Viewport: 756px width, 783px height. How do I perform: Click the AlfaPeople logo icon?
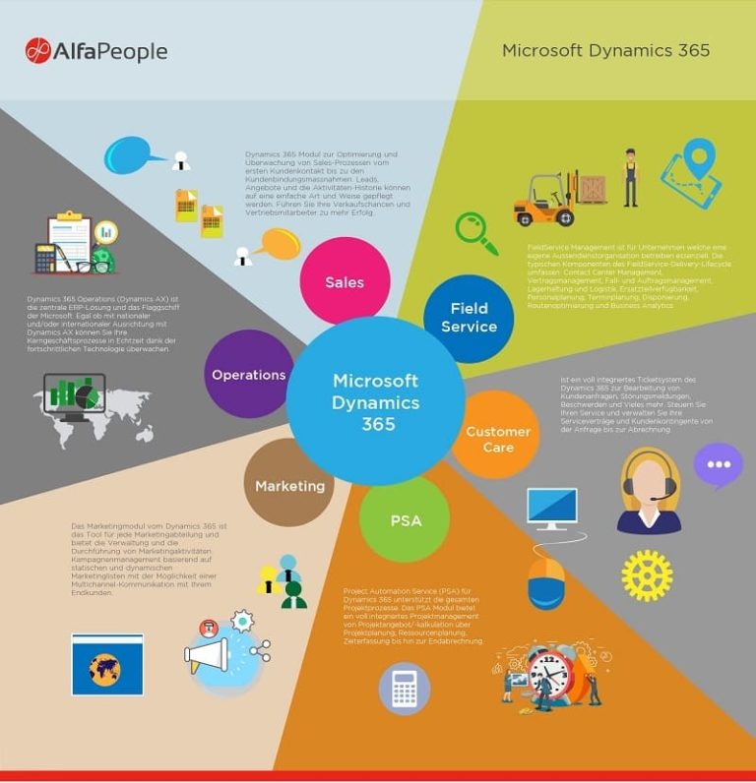[37, 50]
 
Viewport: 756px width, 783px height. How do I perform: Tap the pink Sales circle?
[345, 281]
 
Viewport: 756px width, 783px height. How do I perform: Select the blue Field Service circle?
[469, 318]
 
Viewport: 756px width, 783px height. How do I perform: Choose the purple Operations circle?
[249, 374]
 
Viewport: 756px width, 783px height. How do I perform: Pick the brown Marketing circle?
[289, 485]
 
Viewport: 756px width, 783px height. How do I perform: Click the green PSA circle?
[405, 519]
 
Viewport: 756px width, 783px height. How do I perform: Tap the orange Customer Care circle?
[497, 439]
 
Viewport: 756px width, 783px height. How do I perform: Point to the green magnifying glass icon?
[475, 232]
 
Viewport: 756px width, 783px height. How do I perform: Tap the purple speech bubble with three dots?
[718, 464]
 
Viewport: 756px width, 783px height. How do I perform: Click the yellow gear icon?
[647, 574]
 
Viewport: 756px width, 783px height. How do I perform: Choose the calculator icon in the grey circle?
[405, 689]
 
